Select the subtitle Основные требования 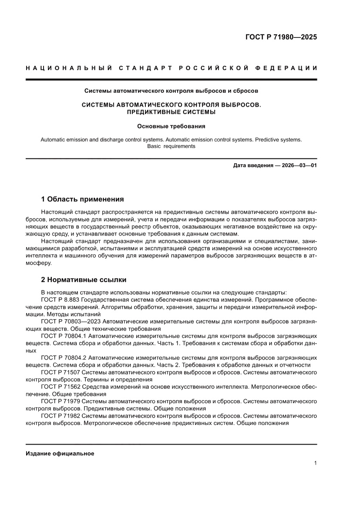[171, 127]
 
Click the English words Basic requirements [171, 146]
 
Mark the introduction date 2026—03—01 [293, 166]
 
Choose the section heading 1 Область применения [82, 199]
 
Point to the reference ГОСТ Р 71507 [61, 373]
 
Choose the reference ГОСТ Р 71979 [61, 401]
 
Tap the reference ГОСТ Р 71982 [61, 416]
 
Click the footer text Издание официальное [60, 454]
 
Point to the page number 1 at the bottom [315, 463]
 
